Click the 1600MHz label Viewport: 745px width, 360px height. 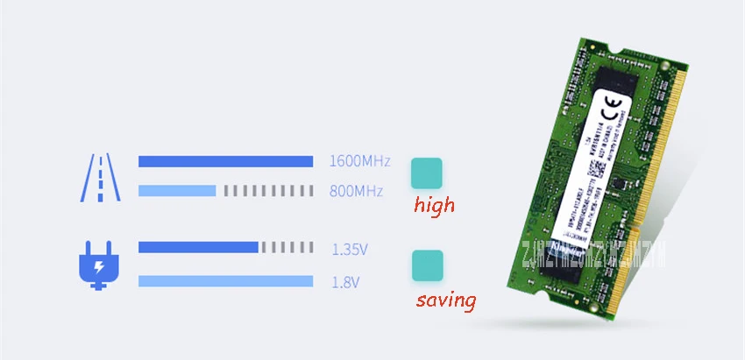[x=358, y=161]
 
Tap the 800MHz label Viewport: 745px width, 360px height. [x=356, y=190]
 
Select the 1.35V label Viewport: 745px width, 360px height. [x=350, y=250]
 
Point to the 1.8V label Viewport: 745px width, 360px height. [x=344, y=281]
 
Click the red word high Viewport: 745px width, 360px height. [x=436, y=206]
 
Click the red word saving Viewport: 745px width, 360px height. [x=446, y=300]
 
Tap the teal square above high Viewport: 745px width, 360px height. [x=427, y=173]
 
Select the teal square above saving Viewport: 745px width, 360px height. [x=427, y=266]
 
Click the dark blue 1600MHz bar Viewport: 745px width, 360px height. [x=225, y=161]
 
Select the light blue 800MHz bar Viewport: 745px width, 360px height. [x=177, y=190]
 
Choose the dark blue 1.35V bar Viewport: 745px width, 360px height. [x=198, y=247]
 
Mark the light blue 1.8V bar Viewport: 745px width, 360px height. [x=225, y=280]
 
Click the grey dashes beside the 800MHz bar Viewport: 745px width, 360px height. [x=267, y=190]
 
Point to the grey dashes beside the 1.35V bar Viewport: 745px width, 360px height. [x=287, y=247]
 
